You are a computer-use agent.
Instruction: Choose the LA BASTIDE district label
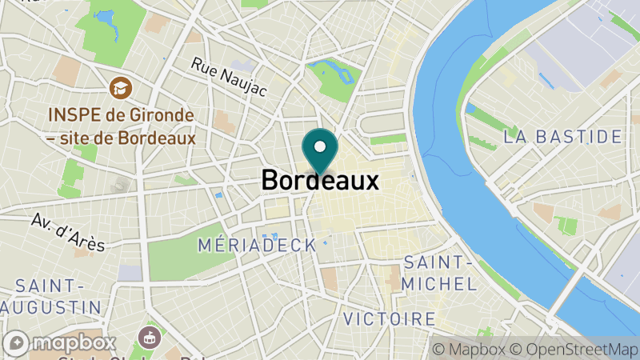click(x=563, y=137)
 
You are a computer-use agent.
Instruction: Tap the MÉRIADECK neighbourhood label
click(x=256, y=245)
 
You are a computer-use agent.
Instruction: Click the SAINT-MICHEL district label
click(x=439, y=273)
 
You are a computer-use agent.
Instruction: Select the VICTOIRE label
click(x=390, y=319)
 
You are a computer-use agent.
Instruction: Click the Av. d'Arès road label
click(x=69, y=232)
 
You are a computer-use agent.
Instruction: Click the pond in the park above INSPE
click(x=107, y=17)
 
